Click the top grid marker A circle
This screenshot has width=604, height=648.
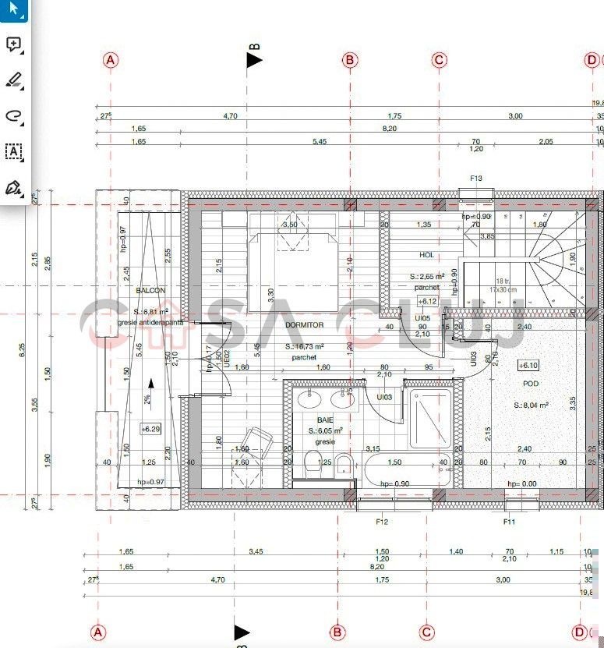[111, 60]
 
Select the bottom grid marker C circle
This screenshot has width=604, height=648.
[426, 632]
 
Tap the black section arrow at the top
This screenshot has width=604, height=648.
[254, 59]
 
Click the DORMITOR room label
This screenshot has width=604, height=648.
[304, 325]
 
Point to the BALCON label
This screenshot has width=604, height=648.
[150, 290]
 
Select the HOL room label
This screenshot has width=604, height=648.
[426, 255]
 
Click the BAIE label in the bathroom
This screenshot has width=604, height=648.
[324, 420]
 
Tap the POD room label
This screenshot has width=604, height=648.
[531, 384]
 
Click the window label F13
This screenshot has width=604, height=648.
[476, 179]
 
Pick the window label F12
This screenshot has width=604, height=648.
[382, 521]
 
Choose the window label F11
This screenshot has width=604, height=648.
[510, 521]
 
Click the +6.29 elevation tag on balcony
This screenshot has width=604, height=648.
[150, 429]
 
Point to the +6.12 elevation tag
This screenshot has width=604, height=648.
[427, 301]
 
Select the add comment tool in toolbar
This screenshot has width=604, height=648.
[13, 44]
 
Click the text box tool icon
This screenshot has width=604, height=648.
[13, 151]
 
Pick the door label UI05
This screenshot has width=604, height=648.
[422, 318]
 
